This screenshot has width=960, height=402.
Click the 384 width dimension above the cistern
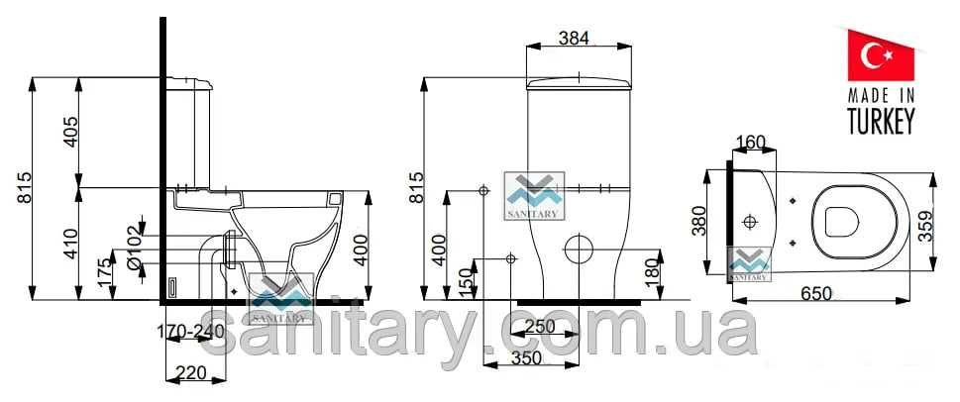pyautogui.click(x=574, y=38)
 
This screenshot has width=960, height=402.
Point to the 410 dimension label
pyautogui.click(x=71, y=244)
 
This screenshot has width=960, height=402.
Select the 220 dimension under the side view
pyautogui.click(x=191, y=371)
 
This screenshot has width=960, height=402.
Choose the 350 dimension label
pyautogui.click(x=526, y=358)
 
